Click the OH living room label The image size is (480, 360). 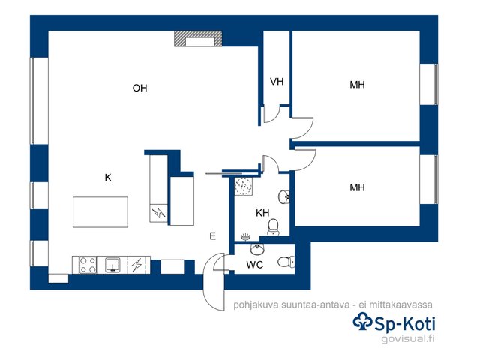coord(140,88)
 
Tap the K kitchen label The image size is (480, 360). coord(108,178)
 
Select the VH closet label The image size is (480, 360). coord(277,82)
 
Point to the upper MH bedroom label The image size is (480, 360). coord(357,85)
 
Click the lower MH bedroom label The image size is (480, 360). coord(357,187)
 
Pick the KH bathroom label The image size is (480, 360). coord(262,213)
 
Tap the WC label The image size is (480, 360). coord(255,265)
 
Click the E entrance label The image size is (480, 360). coord(213,236)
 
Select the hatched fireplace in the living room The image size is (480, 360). coord(198,39)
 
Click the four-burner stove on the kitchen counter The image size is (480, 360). coord(88,265)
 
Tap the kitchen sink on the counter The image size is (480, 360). coord(112,265)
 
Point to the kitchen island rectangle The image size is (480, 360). coord(100,212)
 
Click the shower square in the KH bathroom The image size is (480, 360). coord(244,186)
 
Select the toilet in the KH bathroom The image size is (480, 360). coord(273,227)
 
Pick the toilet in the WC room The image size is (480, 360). coord(286,262)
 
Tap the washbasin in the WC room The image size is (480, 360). coord(257,249)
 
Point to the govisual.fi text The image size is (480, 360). coord(408,339)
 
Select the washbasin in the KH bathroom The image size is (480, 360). coord(283,196)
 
